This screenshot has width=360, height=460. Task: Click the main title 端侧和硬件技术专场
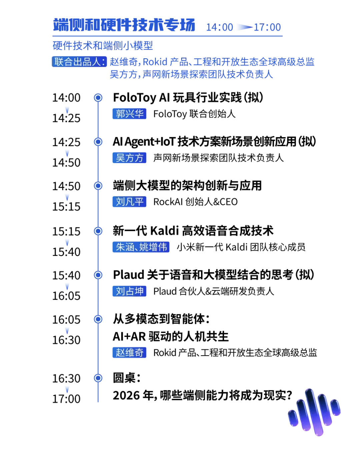(124, 25)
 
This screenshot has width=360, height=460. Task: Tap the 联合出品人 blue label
(79, 62)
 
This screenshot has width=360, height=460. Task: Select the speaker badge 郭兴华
(129, 114)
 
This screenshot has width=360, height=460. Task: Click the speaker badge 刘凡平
(129, 201)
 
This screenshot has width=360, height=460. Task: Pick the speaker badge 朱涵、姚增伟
(141, 247)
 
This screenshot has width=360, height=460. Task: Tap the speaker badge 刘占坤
(129, 291)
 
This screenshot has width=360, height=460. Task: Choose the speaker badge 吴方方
(129, 158)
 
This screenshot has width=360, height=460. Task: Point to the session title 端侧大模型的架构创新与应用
(187, 186)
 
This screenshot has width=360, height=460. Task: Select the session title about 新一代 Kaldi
(193, 231)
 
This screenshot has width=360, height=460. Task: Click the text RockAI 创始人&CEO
(195, 202)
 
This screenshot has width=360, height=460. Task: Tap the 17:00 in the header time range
(267, 27)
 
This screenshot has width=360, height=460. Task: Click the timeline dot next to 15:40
(98, 275)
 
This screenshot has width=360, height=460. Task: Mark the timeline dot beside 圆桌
(98, 378)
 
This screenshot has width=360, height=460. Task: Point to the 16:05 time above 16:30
(66, 320)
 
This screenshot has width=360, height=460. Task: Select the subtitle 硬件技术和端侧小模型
(103, 45)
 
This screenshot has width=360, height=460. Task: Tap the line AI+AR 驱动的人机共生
(171, 336)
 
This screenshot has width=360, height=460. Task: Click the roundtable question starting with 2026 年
(203, 395)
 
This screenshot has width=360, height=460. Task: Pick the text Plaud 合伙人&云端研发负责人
(214, 291)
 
